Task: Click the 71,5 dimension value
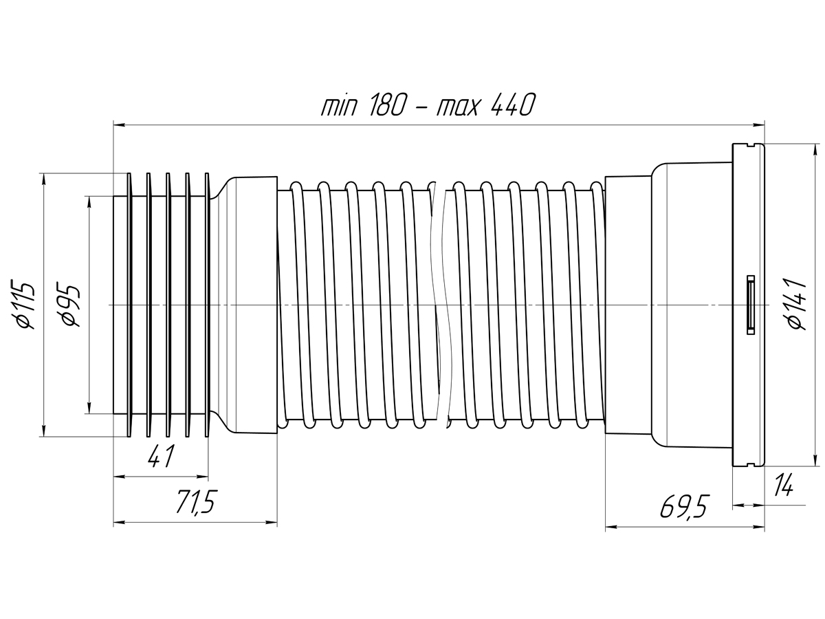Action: (x=197, y=502)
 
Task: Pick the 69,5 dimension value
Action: (x=683, y=506)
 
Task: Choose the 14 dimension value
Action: (x=784, y=484)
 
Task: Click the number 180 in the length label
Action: (x=388, y=105)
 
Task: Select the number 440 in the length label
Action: (x=512, y=105)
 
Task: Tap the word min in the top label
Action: (x=339, y=107)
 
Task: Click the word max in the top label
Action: (x=458, y=108)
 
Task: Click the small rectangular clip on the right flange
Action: (x=750, y=305)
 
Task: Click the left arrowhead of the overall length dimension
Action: (x=119, y=124)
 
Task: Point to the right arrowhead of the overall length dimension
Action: (x=758, y=124)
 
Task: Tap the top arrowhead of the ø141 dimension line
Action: (x=815, y=149)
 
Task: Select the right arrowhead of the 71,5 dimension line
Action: (x=271, y=523)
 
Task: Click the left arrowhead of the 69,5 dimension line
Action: (x=611, y=527)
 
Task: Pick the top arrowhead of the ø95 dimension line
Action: (x=89, y=202)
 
